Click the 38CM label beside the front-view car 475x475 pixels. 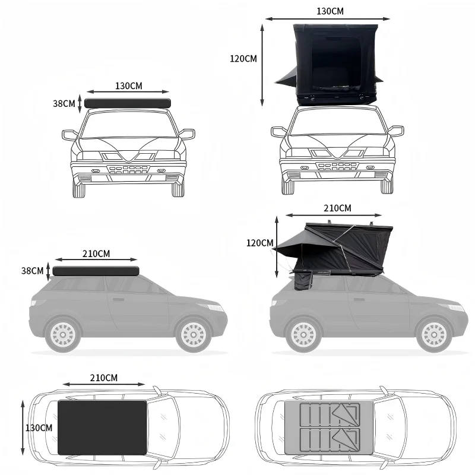(x=64, y=103)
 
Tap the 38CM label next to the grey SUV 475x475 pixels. (x=32, y=271)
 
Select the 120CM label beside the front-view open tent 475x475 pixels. (x=243, y=58)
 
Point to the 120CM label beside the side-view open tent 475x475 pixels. (x=259, y=243)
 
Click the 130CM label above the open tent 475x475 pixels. (x=330, y=11)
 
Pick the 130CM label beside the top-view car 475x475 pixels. (x=39, y=427)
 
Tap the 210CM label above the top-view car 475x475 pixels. (x=103, y=378)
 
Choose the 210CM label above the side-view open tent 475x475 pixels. (x=337, y=208)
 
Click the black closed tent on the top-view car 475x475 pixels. (x=102, y=427)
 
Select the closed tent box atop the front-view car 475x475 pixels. (x=128, y=103)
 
